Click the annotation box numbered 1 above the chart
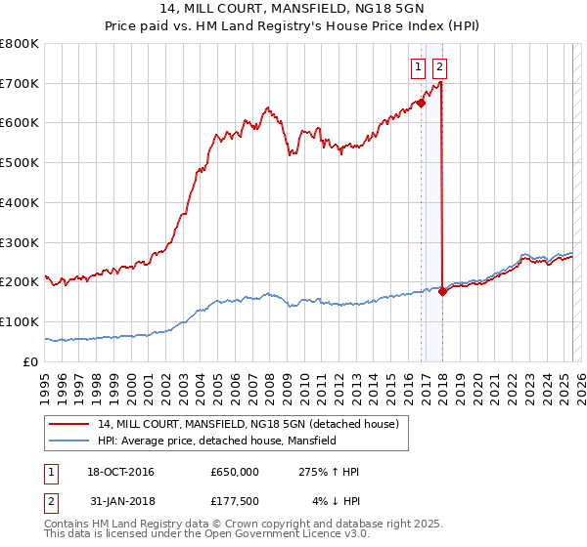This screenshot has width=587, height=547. (x=418, y=67)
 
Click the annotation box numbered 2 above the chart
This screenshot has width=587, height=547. (x=439, y=67)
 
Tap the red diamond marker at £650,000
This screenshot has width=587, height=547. (x=421, y=102)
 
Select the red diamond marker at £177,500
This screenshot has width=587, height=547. (x=443, y=290)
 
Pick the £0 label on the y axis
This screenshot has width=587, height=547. (x=32, y=361)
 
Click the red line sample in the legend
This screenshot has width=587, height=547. (x=69, y=425)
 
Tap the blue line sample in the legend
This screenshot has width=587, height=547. (x=69, y=441)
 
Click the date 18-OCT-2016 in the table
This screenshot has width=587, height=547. (x=115, y=472)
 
